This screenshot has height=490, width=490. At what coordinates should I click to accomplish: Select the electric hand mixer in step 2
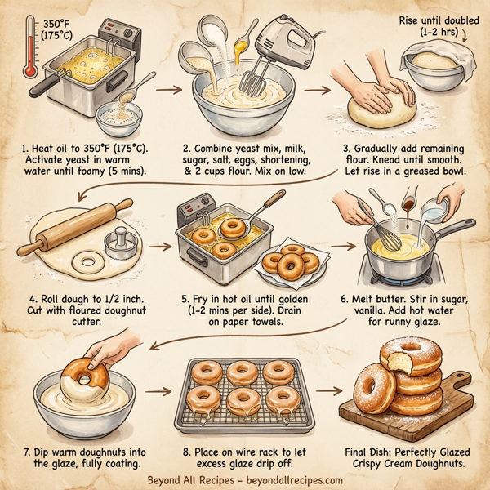click(x=278, y=45)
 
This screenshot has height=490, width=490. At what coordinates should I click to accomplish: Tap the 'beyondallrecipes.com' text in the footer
click(x=292, y=480)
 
